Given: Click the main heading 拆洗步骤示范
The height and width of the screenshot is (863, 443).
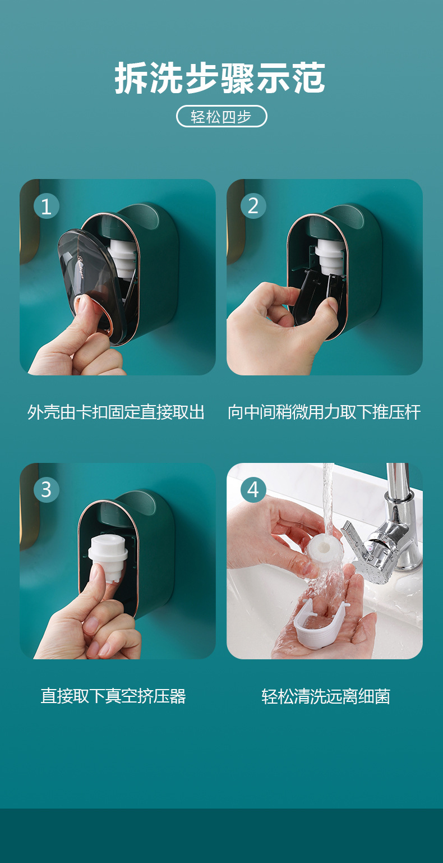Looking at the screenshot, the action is (220, 78).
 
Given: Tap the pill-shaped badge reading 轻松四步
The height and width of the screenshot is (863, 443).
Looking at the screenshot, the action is (221, 116).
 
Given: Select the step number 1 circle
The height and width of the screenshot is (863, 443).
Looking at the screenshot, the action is (46, 206).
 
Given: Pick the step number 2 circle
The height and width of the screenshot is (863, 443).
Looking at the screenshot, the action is (253, 206).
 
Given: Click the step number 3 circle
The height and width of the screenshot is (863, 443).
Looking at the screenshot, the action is (46, 490).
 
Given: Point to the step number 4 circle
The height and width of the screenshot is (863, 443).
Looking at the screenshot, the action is (253, 490).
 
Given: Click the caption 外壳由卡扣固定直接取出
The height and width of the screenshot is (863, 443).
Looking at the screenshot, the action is (116, 412).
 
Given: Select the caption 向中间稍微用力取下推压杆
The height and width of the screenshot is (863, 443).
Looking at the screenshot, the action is (324, 412).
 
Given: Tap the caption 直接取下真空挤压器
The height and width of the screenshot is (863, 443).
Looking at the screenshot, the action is (113, 696).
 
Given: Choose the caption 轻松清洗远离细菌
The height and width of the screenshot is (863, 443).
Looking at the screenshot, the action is (326, 696).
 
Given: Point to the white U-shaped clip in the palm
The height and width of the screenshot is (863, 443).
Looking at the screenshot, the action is (320, 625).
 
